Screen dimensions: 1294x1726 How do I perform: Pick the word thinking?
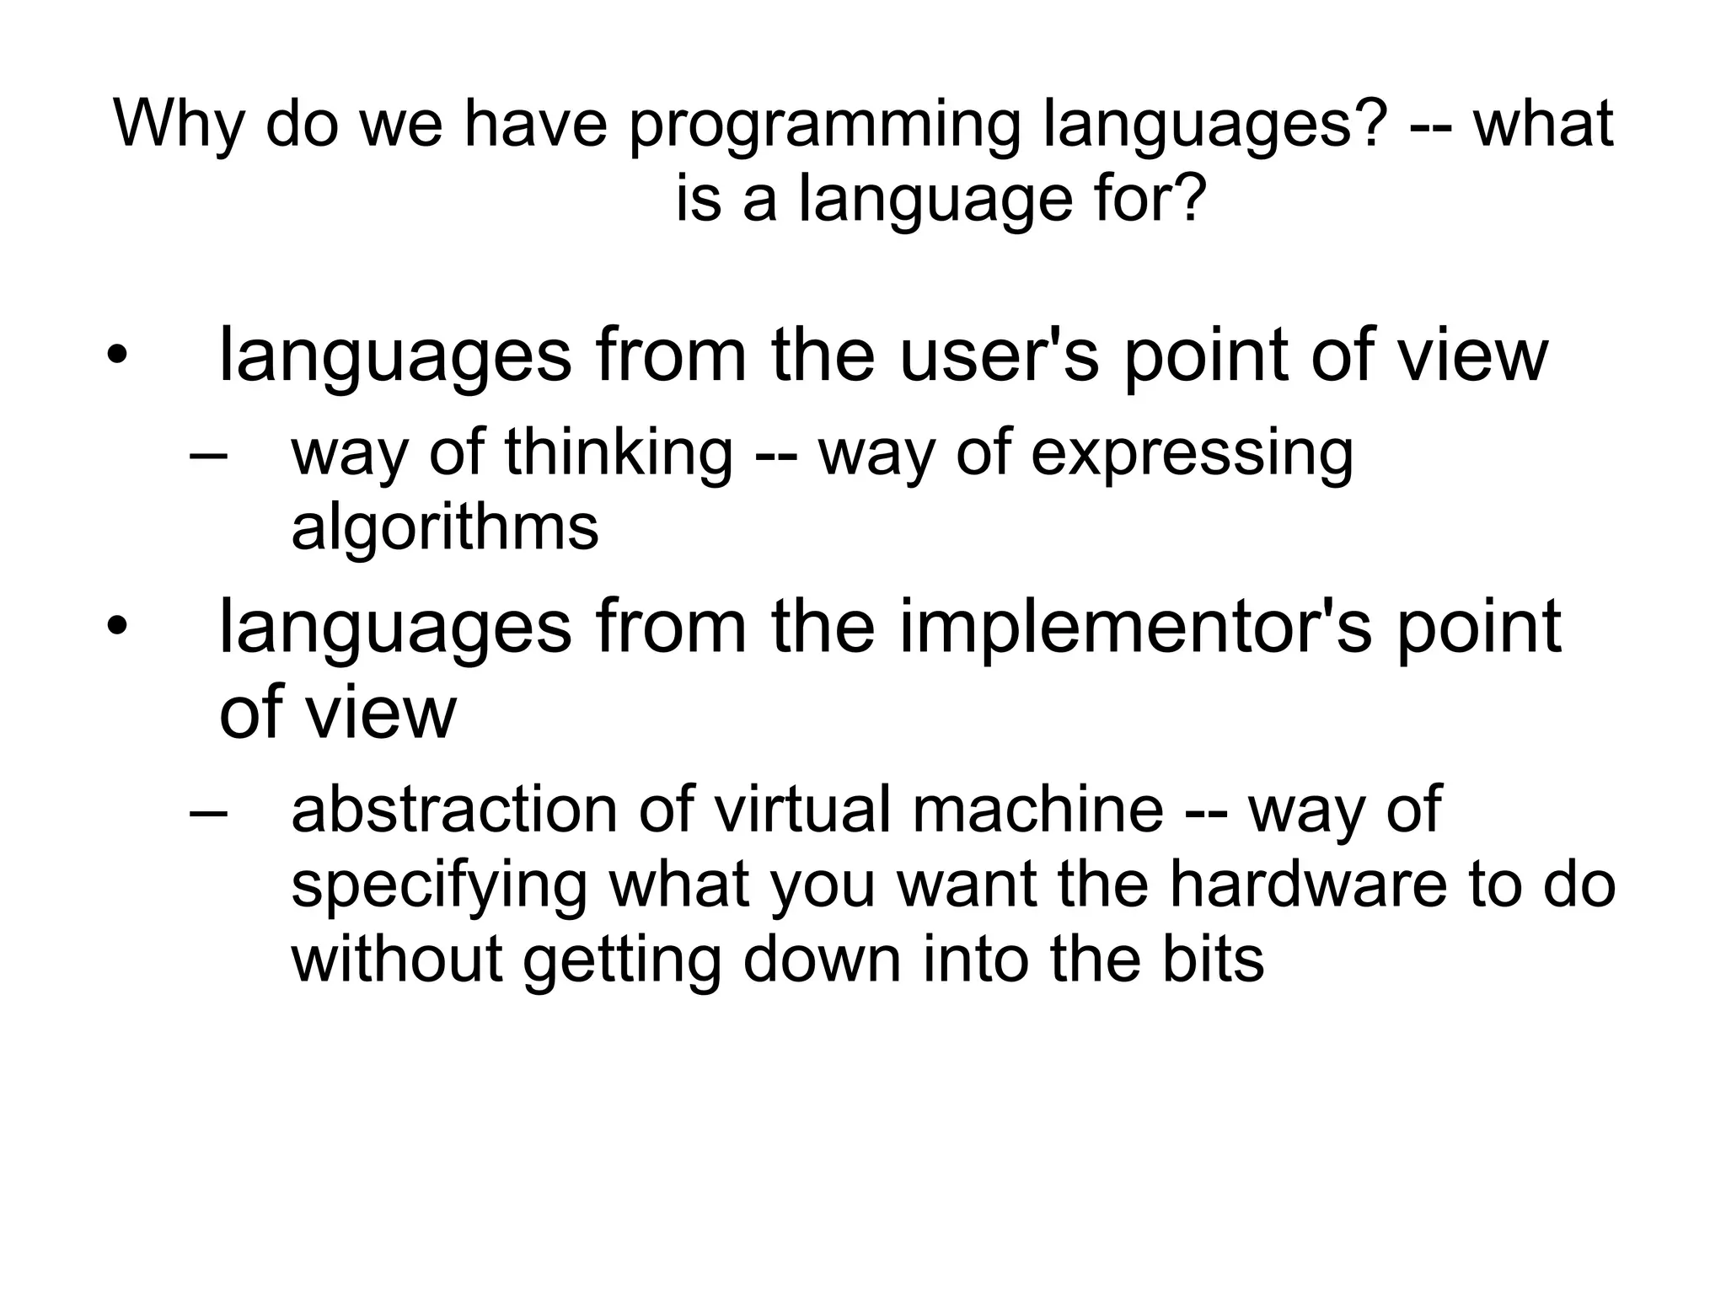[x=619, y=453]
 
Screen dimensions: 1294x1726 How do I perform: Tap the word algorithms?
[x=445, y=527]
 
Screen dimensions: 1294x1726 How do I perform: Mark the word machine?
[x=1037, y=809]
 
